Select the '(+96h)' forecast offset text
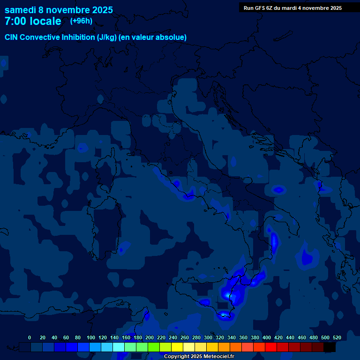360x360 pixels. point(81,21)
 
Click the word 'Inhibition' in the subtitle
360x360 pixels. point(77,37)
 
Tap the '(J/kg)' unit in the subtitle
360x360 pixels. point(108,37)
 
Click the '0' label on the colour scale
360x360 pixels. point(30,337)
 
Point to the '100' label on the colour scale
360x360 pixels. point(91,337)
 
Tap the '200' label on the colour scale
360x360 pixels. point(150,337)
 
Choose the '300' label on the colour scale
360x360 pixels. point(208,337)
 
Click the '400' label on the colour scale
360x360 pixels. point(267,337)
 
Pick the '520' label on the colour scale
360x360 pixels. point(337,337)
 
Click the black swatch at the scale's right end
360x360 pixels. point(330,347)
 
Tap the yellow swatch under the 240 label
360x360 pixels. point(177,347)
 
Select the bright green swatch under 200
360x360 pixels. point(154,347)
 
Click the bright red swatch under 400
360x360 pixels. point(271,347)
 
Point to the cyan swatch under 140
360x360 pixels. point(119,347)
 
